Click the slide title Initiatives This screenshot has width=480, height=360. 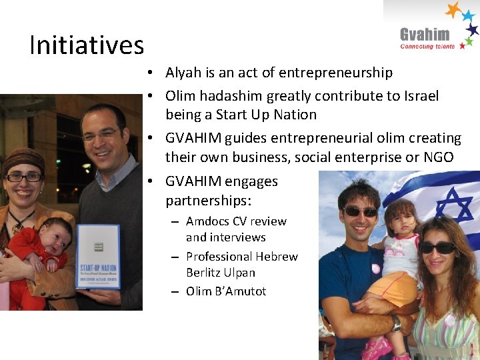coord(87,45)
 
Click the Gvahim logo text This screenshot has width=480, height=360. coord(425,34)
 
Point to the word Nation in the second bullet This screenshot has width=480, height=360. coord(295,115)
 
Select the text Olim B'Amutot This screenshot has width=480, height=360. coord(226,291)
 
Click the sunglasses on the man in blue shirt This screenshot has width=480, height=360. coord(361,211)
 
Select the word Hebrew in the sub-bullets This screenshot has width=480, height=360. coord(275,257)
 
